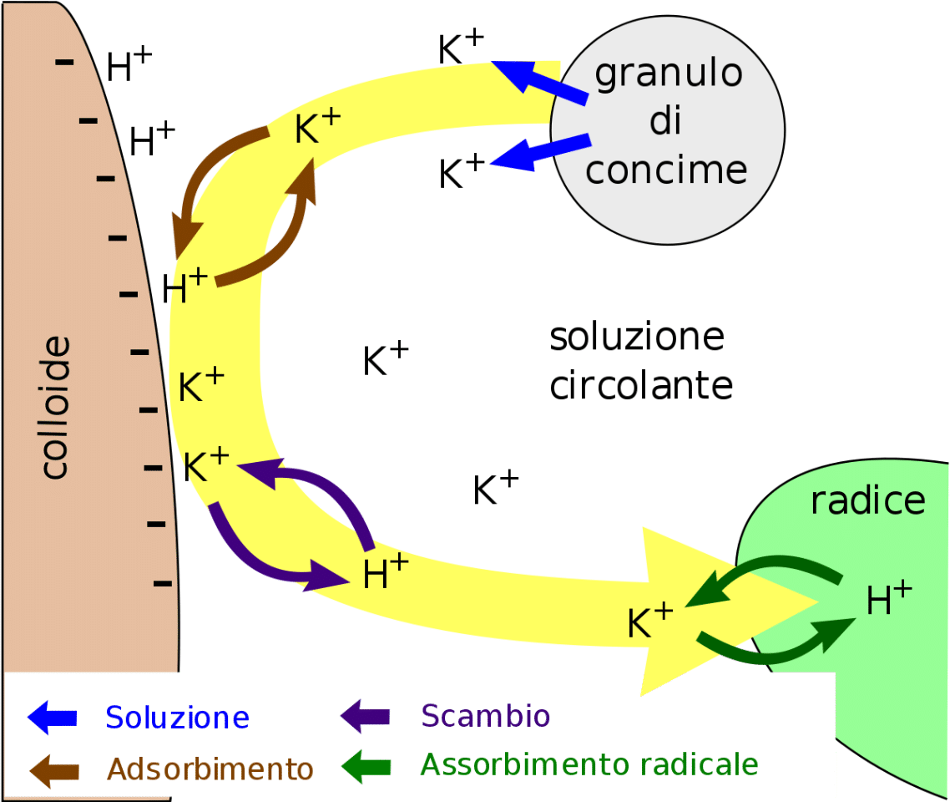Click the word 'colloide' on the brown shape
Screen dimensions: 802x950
tap(55, 408)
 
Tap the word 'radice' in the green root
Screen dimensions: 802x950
tap(868, 500)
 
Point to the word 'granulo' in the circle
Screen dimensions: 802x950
tap(669, 74)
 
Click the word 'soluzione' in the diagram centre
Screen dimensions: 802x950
tap(637, 338)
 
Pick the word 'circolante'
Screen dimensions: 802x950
tap(641, 385)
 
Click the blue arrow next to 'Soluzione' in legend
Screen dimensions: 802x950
tap(53, 717)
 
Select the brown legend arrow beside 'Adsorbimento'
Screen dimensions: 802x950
tap(53, 769)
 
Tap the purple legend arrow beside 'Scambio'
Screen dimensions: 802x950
tap(365, 716)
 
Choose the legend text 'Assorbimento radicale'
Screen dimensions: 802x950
tap(589, 764)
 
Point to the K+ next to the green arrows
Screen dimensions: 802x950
tap(649, 622)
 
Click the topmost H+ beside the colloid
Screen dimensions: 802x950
tap(129, 66)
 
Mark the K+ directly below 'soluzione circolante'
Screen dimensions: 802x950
tap(496, 489)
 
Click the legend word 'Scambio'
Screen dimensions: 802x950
tap(485, 716)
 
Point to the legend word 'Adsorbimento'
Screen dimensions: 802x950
tap(210, 769)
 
